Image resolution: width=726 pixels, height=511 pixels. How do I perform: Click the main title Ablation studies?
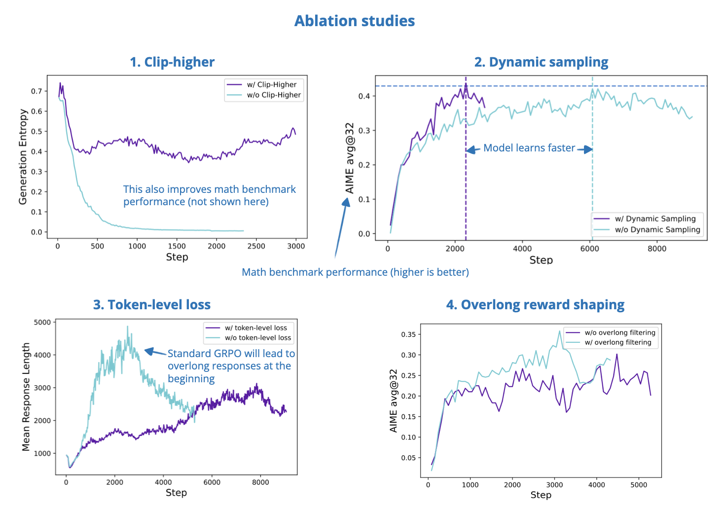pos(354,21)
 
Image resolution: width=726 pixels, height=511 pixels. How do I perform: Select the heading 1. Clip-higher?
pos(172,62)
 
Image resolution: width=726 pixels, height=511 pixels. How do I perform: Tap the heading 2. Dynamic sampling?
pos(541,62)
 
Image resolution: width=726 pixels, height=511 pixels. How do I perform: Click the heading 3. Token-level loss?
pos(152,305)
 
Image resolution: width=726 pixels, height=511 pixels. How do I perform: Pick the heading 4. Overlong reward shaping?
pos(535,305)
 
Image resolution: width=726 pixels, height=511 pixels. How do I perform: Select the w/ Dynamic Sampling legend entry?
pos(654,219)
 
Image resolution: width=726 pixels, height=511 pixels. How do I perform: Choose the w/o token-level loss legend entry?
pos(257,338)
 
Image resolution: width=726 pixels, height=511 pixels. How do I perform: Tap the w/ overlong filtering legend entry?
pos(617,342)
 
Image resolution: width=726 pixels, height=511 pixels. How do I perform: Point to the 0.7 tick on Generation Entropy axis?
pos(36,91)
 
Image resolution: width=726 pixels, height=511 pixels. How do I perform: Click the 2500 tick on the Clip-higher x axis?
pos(256,246)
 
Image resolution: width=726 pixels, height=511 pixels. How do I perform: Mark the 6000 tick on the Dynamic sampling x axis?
pos(589,249)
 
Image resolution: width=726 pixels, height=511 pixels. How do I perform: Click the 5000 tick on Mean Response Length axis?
pos(42,322)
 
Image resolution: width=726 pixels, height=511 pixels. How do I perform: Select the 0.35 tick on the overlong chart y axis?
pos(408,334)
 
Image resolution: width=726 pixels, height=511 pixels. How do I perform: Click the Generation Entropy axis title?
pos(23,157)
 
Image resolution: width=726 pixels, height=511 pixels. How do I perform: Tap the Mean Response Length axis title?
pos(26,397)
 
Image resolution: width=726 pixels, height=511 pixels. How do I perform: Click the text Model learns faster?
pos(529,148)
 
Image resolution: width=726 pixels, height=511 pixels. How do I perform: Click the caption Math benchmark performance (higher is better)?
pos(355,272)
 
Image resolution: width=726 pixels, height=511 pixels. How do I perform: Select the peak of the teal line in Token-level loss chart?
pos(127,327)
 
